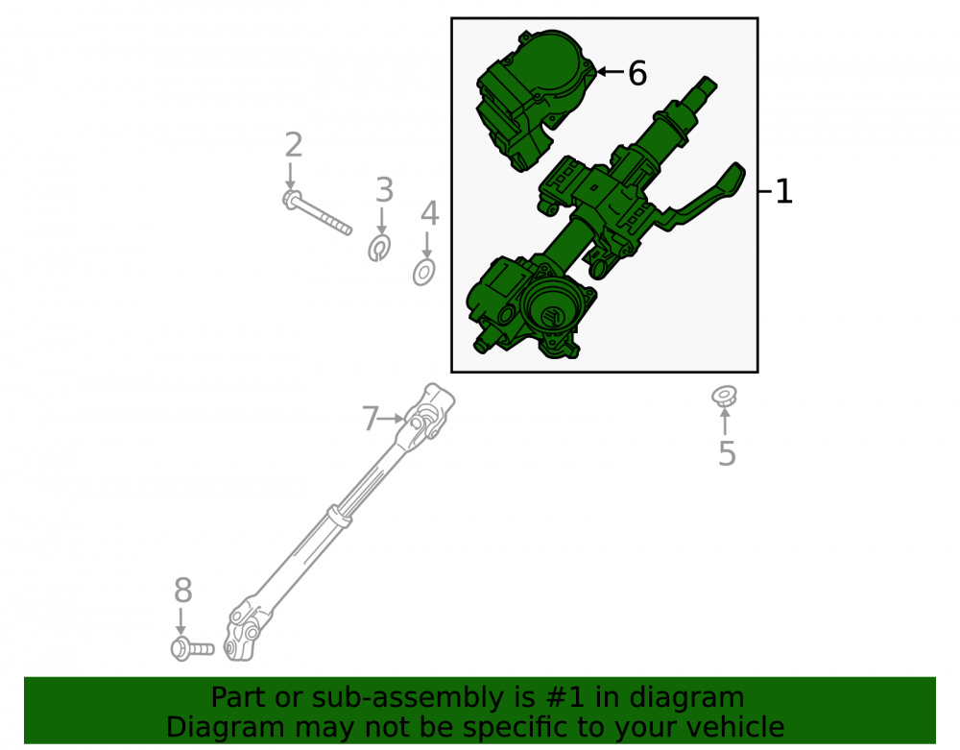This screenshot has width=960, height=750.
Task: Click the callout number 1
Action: coord(784,192)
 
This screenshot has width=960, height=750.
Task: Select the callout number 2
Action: coord(294,145)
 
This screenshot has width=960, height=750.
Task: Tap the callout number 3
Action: coord(384,190)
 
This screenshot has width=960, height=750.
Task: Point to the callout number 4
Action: coord(430,214)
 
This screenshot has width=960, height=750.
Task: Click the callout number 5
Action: coord(727,453)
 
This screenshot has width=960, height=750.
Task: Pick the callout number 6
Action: coord(637,74)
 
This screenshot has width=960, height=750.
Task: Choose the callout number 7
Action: coord(371,419)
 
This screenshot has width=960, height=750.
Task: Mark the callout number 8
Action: coord(183,591)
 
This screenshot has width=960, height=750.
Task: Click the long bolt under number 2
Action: coord(317,212)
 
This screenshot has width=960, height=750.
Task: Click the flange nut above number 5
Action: coord(724,396)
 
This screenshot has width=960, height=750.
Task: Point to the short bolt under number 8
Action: coord(192,649)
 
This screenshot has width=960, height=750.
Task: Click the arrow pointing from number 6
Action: coord(610,72)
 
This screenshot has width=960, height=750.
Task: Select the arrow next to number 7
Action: coord(392,419)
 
